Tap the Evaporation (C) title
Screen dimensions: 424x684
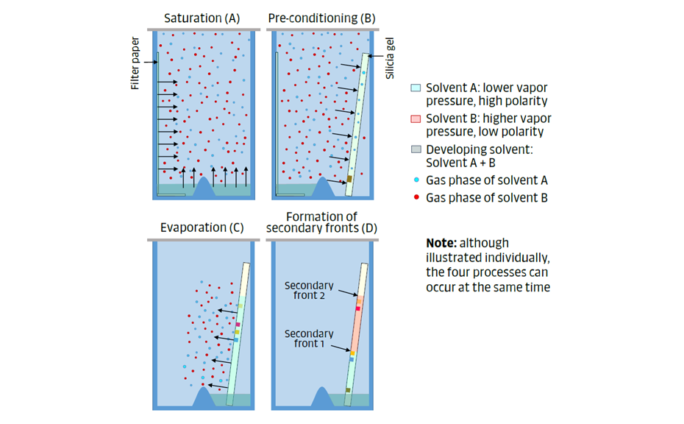click(202, 227)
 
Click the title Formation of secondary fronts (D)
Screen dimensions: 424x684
click(321, 222)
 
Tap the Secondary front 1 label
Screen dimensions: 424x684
click(308, 339)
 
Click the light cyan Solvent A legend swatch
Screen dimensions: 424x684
click(416, 88)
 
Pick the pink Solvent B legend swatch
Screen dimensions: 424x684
click(416, 119)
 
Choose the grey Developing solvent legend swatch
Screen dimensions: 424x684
click(416, 149)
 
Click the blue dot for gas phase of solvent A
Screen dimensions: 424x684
click(416, 180)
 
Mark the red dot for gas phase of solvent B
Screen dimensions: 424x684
click(416, 198)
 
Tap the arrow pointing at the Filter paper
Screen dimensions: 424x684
click(150, 63)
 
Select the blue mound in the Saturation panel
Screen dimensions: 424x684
click(204, 188)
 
